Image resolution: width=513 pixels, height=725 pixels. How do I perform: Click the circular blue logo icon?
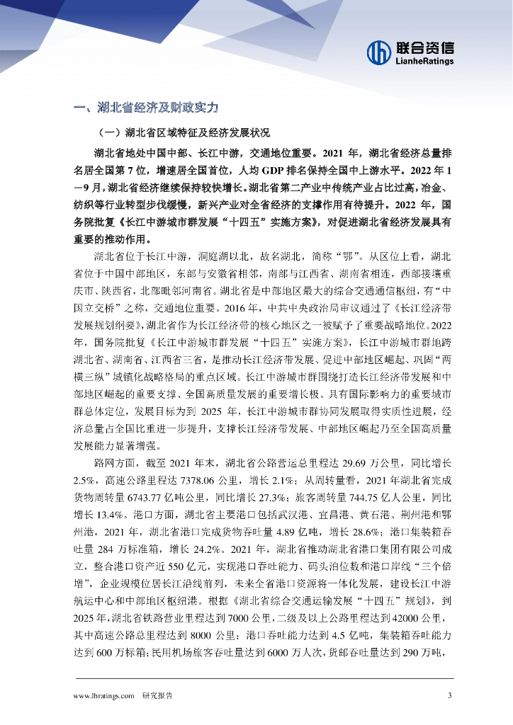379,51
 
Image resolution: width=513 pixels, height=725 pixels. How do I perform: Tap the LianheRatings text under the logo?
425,62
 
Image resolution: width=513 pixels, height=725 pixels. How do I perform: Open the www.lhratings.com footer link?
104,696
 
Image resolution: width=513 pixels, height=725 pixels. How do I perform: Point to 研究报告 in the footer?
157,696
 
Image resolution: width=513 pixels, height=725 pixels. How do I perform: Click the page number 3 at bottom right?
449,696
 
